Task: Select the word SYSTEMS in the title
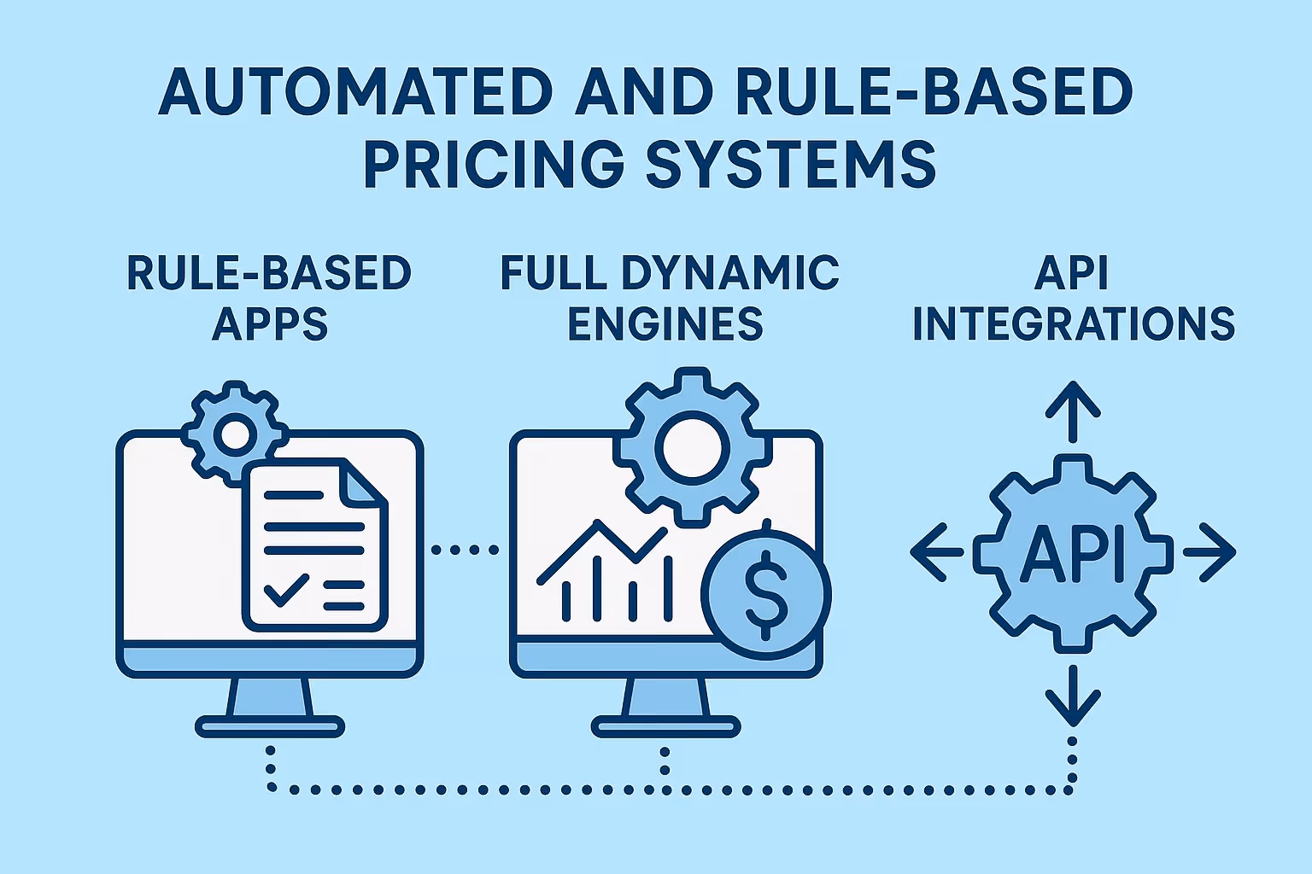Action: [791, 164]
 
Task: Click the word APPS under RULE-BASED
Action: [270, 324]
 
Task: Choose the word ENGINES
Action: [665, 324]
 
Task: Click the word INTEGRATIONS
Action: [1074, 324]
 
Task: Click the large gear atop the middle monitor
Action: [691, 446]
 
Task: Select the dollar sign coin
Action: [766, 592]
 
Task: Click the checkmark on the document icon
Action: [286, 588]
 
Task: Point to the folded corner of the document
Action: [363, 483]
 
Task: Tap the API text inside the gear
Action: [1073, 553]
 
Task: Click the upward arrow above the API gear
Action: [1073, 411]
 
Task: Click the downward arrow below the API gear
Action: [1073, 695]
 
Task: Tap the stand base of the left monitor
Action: [270, 726]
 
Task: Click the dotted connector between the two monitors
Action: [466, 550]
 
